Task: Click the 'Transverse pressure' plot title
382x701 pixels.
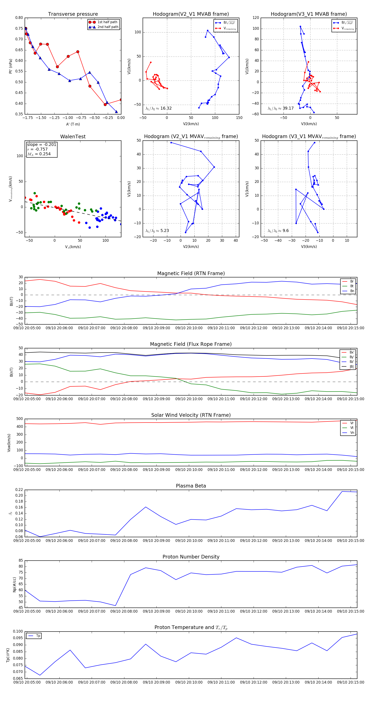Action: click(x=73, y=14)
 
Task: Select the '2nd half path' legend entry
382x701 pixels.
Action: click(x=108, y=27)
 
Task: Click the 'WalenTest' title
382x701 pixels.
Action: click(x=73, y=137)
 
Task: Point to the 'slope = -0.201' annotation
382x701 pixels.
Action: click(x=42, y=144)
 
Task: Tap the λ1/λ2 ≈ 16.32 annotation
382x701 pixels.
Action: click(x=159, y=108)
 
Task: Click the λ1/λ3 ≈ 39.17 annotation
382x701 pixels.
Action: click(x=281, y=108)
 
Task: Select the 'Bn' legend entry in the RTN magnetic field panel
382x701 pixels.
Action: click(x=352, y=291)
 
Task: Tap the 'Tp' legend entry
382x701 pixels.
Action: click(x=38, y=636)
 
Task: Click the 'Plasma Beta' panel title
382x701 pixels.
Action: click(x=191, y=486)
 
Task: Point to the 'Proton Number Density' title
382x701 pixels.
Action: click(x=191, y=557)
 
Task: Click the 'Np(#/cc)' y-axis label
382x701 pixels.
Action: click(x=14, y=585)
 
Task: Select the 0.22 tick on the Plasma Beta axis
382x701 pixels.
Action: click(x=19, y=490)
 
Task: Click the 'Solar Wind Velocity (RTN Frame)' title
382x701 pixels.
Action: click(x=191, y=415)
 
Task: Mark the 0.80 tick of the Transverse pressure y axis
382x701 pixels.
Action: click(x=19, y=18)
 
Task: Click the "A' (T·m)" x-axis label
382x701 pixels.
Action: click(x=73, y=124)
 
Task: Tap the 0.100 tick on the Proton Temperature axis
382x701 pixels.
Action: click(x=18, y=631)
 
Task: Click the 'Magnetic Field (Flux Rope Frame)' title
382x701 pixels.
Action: click(x=191, y=344)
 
